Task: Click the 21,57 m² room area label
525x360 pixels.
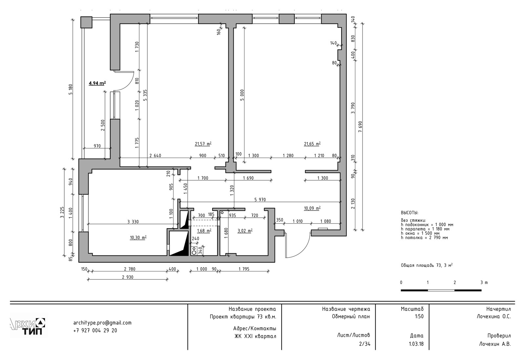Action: [203, 144]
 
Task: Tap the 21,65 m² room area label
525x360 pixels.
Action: [312, 144]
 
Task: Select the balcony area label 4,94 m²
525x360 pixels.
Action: [97, 83]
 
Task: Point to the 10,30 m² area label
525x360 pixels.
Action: [138, 237]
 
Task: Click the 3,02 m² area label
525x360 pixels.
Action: [245, 231]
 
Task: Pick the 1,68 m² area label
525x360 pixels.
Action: [204, 231]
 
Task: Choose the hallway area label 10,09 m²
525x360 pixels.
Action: [312, 208]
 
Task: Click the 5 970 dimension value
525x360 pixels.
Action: [260, 200]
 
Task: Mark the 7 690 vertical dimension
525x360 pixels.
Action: [360, 127]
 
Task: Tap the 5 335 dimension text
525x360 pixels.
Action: [145, 95]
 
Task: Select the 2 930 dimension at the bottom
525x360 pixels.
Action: [128, 277]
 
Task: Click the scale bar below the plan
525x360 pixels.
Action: [441, 290]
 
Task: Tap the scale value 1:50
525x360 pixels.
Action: [419, 316]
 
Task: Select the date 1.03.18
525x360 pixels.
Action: [416, 344]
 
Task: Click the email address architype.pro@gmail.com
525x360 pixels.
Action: [102, 323]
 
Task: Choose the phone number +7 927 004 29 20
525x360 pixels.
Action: [95, 330]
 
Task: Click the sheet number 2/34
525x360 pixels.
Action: [365, 344]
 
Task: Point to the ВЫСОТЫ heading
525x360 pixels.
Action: [409, 213]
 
